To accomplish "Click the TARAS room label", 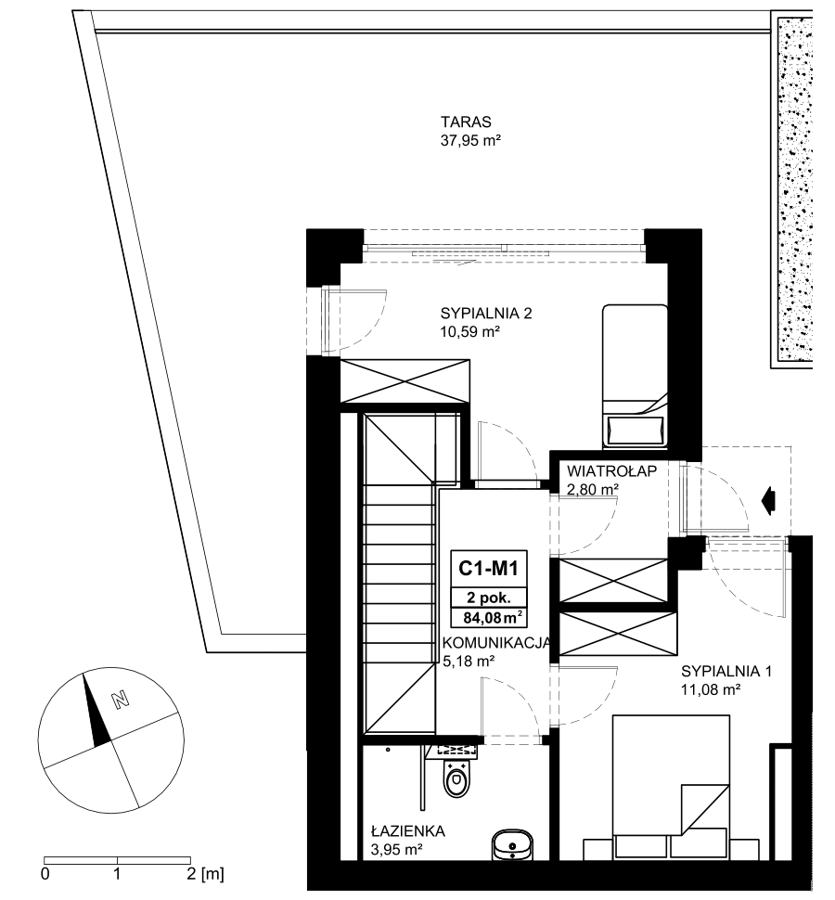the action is [x=466, y=122].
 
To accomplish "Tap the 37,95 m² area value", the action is [x=471, y=141].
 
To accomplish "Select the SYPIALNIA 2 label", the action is [x=486, y=314].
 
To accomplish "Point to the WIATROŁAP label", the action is [x=611, y=471].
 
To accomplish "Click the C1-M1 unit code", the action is [x=488, y=568].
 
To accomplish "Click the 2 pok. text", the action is [x=488, y=598].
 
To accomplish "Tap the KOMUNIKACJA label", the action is [x=497, y=643].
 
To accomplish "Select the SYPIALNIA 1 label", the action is [x=726, y=671].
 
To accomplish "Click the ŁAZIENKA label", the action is [x=408, y=830].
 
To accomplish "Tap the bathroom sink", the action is [x=512, y=845].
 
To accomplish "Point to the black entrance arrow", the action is [x=768, y=500].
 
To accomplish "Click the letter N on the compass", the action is [x=120, y=700].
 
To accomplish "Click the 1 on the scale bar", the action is [x=117, y=874].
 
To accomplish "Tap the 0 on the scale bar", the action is [x=45, y=874].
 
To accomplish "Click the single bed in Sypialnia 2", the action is [x=635, y=376].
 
